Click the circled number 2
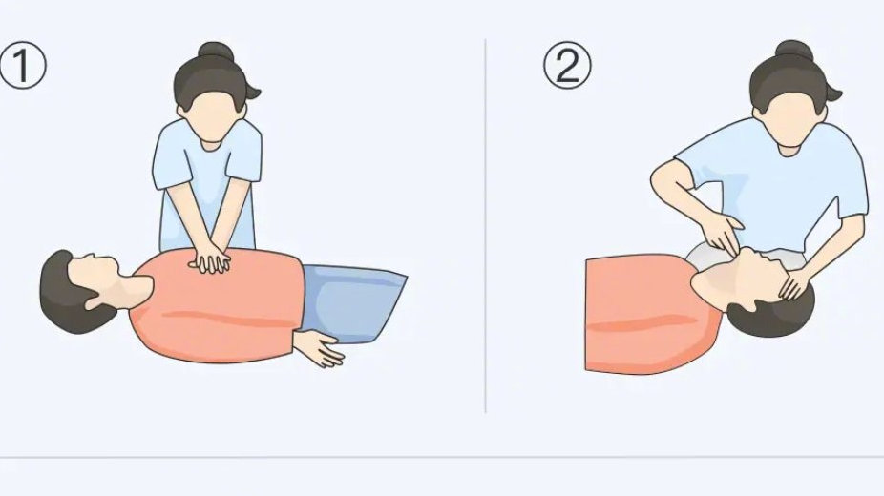point(567,65)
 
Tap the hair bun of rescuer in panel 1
point(216,51)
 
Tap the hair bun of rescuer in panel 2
point(794,51)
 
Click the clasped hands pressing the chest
point(210,259)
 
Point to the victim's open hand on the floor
point(320,348)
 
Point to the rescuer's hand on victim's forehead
point(795,284)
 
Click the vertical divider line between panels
point(485,226)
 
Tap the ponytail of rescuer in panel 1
point(250,89)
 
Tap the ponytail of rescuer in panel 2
point(832,89)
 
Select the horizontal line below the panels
point(442,457)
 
